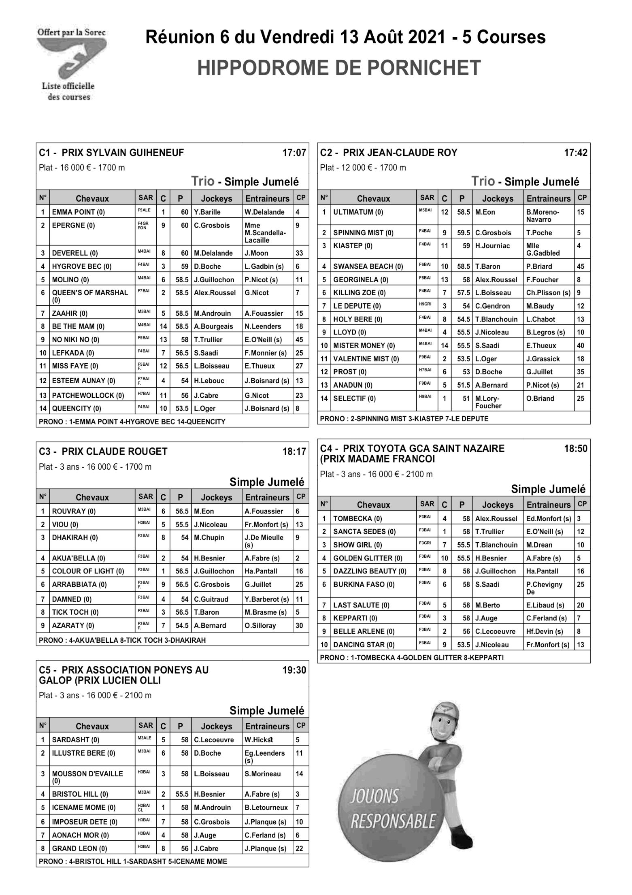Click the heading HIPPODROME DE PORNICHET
click(339, 68)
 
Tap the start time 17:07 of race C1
click(294, 153)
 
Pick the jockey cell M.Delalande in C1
click(213, 253)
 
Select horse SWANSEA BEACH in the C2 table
click(368, 266)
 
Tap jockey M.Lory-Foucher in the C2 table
click(488, 402)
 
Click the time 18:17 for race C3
click(294, 452)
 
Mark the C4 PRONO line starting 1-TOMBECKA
click(411, 657)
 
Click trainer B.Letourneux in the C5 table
click(266, 807)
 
